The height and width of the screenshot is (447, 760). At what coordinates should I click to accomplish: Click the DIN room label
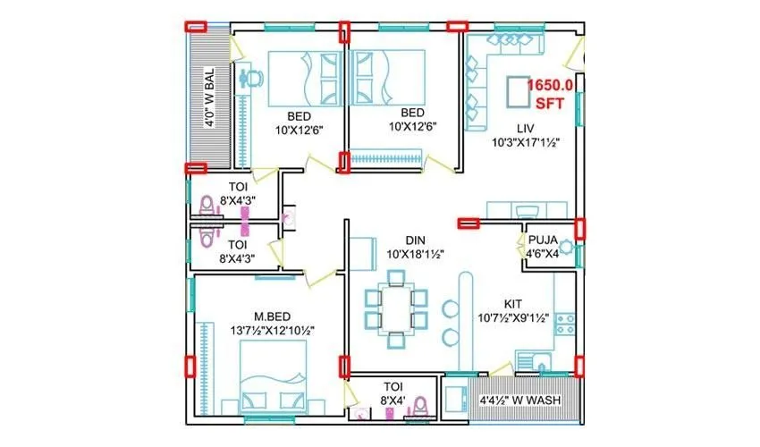414,240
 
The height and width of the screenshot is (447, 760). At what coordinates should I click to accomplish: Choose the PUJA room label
543,240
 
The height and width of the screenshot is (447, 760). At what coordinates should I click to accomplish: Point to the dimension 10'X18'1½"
414,254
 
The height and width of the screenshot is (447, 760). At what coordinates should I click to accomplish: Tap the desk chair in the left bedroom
253,79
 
